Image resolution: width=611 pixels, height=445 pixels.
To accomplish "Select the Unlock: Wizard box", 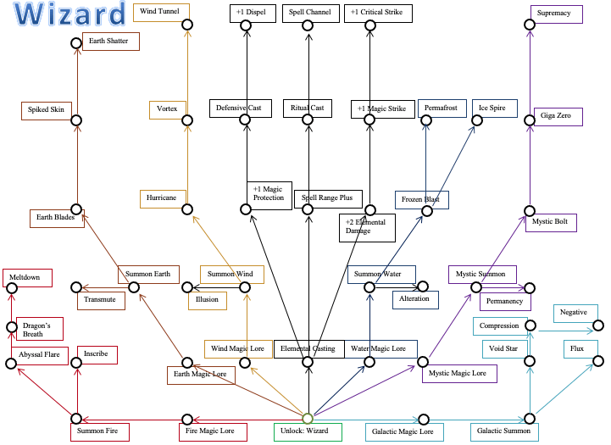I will [307, 431].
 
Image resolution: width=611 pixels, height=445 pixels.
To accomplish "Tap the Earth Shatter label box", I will [111, 41].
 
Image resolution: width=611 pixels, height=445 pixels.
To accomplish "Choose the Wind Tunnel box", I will [161, 13].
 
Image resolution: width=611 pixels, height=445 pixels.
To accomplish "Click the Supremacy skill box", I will [555, 14].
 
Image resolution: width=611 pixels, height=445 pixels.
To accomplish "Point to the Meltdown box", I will [27, 277].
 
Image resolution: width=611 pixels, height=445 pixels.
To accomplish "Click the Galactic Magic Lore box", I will [403, 431].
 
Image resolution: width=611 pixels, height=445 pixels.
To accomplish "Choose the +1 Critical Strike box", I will [378, 13].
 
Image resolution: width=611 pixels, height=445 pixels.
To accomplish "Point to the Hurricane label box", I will [163, 198].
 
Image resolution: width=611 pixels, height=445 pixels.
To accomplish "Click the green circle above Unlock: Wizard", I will [308, 419].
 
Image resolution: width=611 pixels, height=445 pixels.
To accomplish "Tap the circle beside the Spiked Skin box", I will [76, 120].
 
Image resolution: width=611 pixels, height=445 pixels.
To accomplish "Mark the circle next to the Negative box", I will [598, 325].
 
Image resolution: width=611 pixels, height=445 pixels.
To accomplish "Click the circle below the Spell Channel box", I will [308, 25].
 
